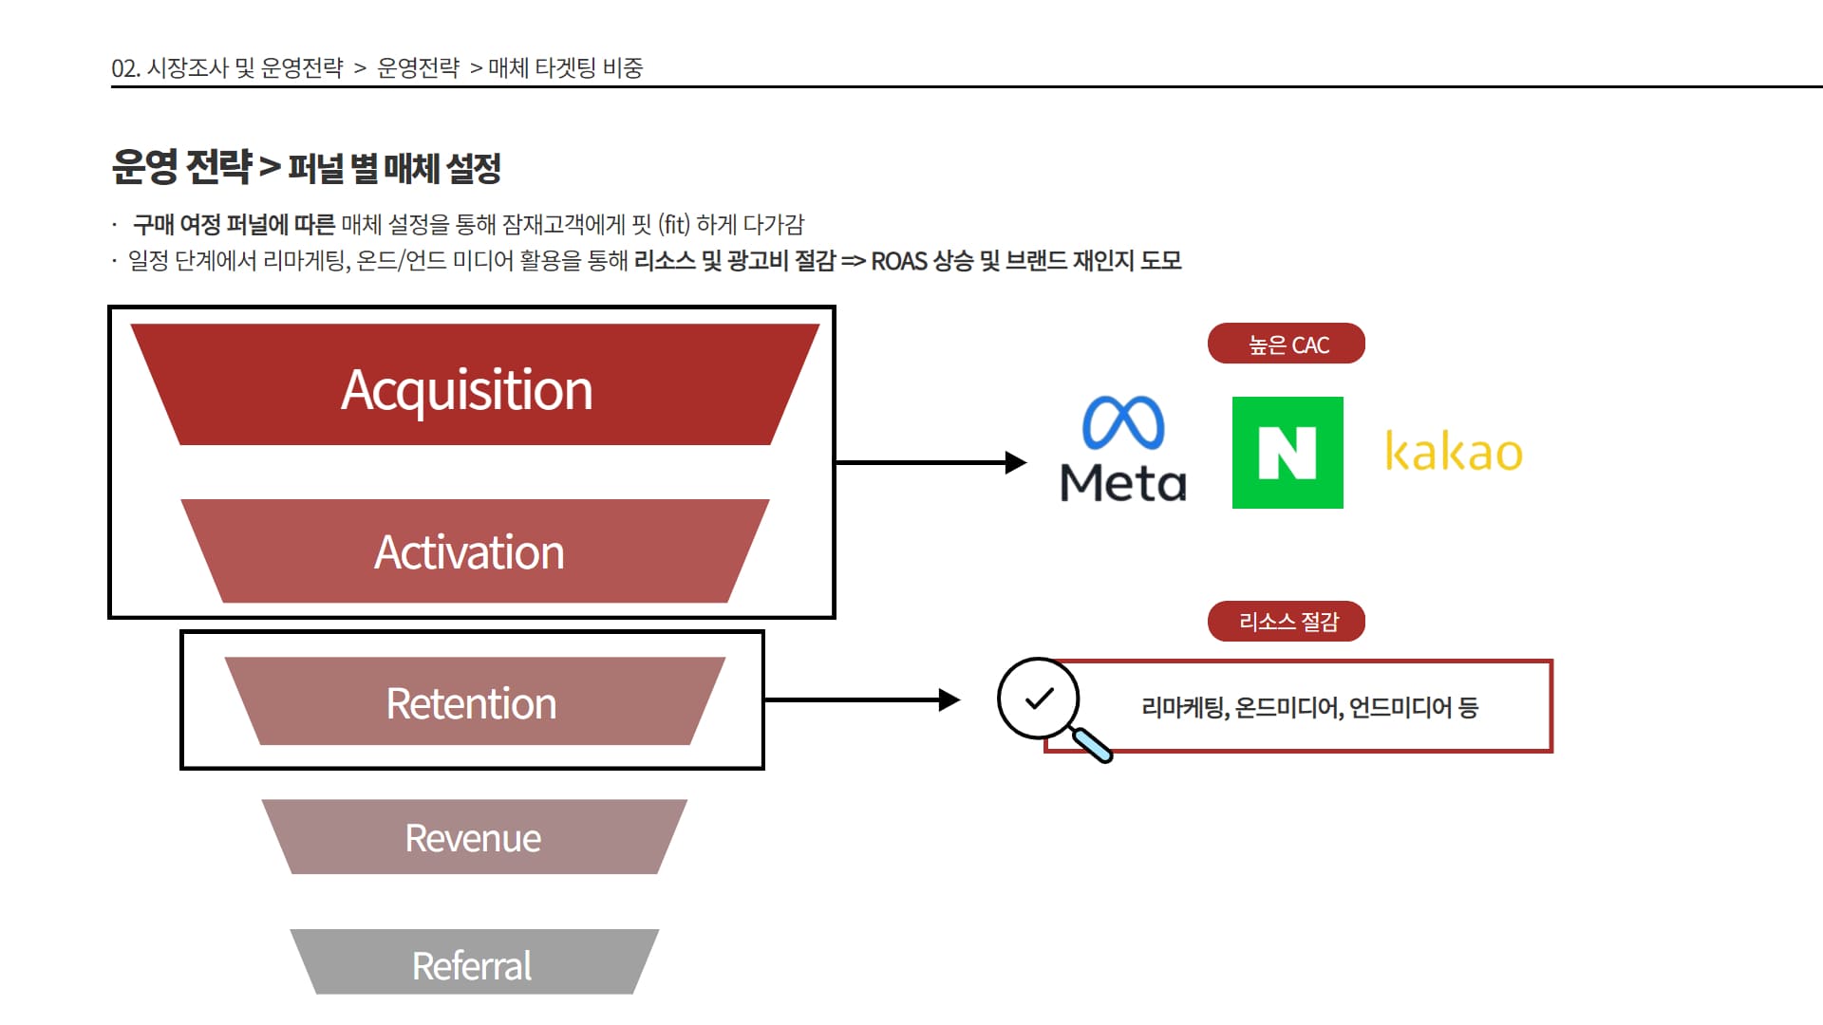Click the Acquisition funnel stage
(475, 384)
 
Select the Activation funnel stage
(475, 550)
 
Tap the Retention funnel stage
(475, 701)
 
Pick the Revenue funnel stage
(475, 837)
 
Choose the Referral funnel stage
(475, 962)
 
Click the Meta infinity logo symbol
(1123, 422)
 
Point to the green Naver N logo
(1287, 453)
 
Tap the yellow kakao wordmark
(1454, 451)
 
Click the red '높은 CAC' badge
(1287, 344)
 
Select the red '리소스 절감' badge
(1287, 622)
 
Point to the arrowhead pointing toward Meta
(1016, 462)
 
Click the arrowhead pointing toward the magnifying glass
(949, 700)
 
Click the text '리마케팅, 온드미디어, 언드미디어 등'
(1309, 707)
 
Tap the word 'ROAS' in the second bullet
(898, 261)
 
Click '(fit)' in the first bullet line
(674, 224)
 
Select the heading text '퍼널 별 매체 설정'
(395, 169)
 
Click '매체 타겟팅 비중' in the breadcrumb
(566, 67)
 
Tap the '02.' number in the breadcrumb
(125, 68)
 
